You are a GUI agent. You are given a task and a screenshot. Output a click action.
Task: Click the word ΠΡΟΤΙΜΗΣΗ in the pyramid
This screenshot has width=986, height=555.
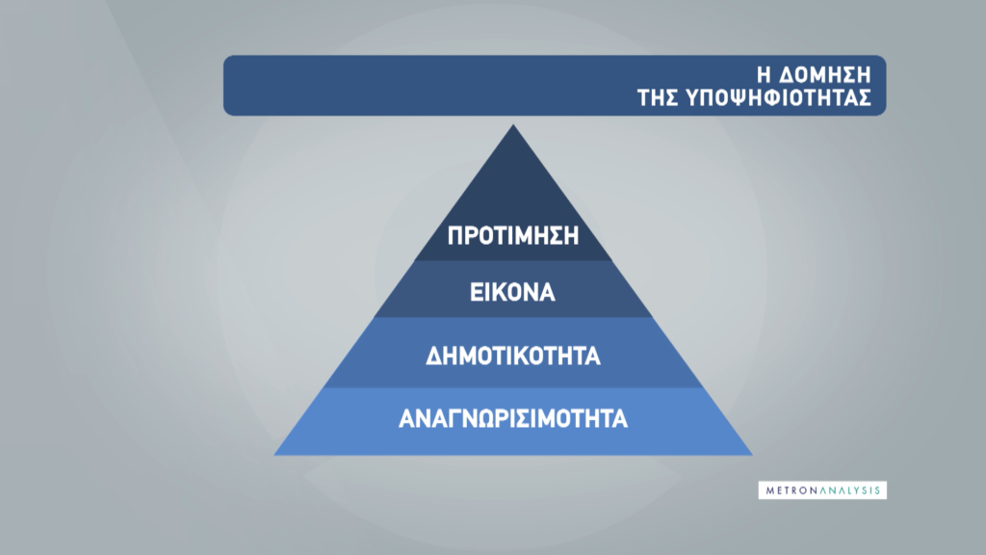click(x=513, y=236)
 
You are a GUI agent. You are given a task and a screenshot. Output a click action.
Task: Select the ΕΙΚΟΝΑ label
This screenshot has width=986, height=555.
click(x=512, y=293)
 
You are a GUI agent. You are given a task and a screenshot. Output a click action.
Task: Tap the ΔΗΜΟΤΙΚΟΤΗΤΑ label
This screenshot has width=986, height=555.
click(x=513, y=357)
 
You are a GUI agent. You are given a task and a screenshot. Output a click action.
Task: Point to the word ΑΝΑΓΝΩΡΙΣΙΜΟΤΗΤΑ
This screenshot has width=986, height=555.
click(x=513, y=418)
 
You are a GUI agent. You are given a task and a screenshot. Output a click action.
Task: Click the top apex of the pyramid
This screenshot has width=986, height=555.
click(x=513, y=124)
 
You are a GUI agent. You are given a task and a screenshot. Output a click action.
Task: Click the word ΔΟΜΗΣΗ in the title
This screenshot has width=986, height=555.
click(x=825, y=75)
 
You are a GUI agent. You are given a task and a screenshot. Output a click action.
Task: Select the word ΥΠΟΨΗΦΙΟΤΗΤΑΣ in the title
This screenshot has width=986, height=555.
click(x=778, y=98)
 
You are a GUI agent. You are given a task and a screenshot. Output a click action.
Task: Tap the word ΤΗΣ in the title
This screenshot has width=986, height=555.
click(x=658, y=98)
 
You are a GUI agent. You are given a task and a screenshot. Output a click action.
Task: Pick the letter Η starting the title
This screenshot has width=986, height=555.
click(x=764, y=75)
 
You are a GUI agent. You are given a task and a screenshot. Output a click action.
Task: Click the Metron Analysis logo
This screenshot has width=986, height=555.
click(x=822, y=490)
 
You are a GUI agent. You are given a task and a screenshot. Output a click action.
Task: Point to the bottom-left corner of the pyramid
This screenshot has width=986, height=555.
click(x=274, y=455)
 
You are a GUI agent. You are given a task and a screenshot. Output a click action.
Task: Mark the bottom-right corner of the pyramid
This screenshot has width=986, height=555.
click(x=752, y=455)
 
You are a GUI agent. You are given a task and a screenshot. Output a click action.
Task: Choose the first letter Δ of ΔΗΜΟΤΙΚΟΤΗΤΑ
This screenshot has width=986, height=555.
click(x=434, y=357)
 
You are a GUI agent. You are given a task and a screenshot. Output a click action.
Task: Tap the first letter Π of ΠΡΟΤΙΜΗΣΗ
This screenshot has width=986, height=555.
click(x=454, y=236)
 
